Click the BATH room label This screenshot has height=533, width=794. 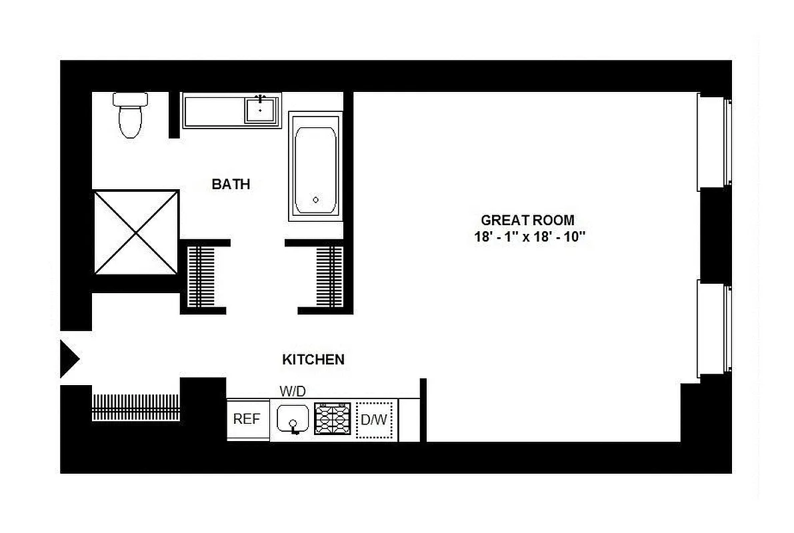coord(231,184)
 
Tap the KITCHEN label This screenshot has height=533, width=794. coord(313,360)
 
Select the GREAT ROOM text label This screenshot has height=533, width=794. coord(527,220)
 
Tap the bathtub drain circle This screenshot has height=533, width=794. coord(316,199)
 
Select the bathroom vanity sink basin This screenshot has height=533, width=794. coord(261,109)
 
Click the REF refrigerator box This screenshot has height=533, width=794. coord(247,420)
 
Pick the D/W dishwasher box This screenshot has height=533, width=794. coord(375,420)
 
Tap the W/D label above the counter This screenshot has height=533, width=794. coord(292,391)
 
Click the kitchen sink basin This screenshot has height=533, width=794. coord(292,419)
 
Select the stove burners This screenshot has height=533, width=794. coord(333,419)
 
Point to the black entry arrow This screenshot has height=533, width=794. coord(69,359)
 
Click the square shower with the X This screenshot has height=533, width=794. coord(136,233)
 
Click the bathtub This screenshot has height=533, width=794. coord(316,167)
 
